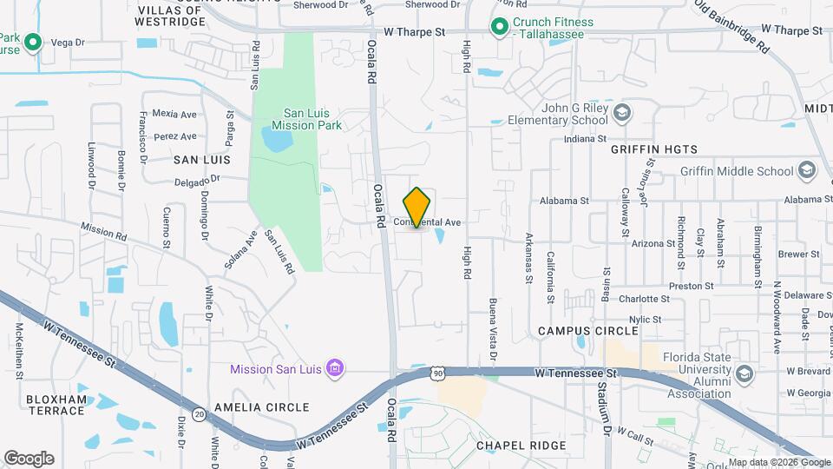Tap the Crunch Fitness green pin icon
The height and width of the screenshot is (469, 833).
500,28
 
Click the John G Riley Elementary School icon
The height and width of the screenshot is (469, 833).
622,113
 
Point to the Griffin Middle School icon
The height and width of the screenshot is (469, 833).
807,170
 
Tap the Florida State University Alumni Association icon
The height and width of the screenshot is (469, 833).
744,373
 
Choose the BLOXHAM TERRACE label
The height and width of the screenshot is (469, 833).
56,405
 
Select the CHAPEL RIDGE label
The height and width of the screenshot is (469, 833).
521,446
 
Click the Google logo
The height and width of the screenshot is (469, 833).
29,459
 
